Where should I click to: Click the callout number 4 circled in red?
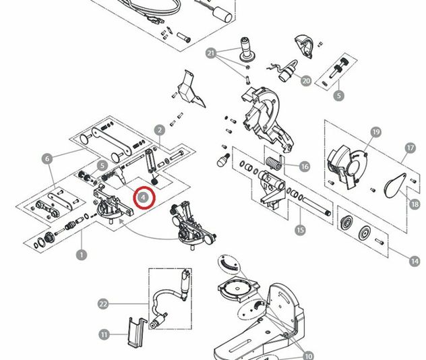click(143, 198)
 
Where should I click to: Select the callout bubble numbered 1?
click(82, 255)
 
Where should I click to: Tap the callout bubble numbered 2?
click(160, 130)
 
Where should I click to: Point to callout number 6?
click(48, 158)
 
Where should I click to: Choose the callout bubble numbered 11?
click(104, 334)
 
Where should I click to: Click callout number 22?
click(103, 304)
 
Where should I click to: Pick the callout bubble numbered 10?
click(308, 356)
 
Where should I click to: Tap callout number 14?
click(415, 262)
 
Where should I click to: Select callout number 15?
click(300, 230)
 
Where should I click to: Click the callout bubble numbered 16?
click(305, 167)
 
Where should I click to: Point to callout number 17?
click(410, 148)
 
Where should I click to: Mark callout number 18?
click(415, 204)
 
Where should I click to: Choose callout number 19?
click(376, 132)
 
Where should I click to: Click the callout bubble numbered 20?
click(306, 81)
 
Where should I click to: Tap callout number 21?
click(211, 53)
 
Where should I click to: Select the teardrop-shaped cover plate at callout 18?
click(395, 185)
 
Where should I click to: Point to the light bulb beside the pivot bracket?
click(223, 160)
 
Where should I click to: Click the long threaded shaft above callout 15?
click(317, 206)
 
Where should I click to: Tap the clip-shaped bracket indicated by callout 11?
click(138, 332)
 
